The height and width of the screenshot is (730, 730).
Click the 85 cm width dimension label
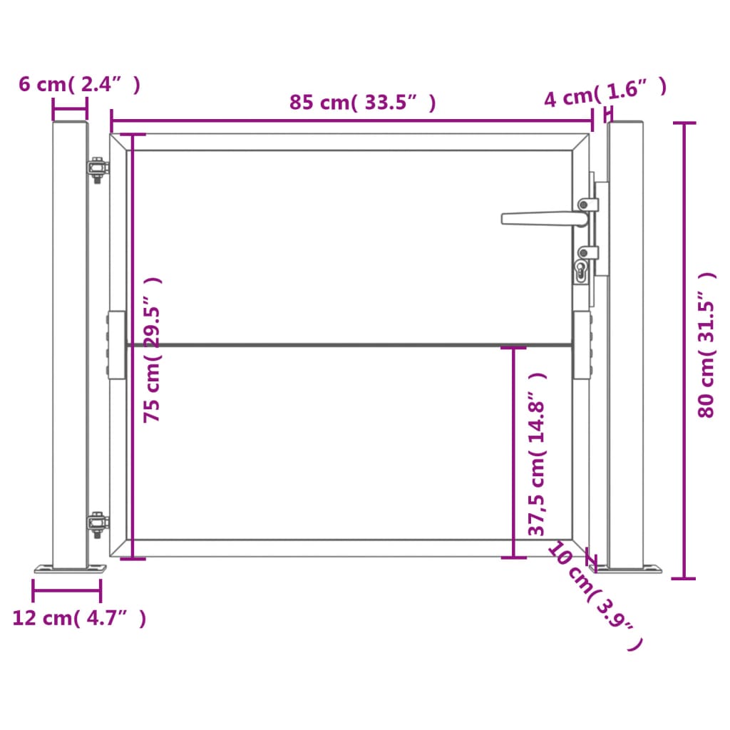[362, 103]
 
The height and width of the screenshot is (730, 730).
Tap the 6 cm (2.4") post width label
[78, 84]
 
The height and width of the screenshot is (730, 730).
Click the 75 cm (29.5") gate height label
[153, 349]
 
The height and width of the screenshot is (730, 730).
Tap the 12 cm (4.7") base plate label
[79, 618]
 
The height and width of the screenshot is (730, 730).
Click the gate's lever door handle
[542, 218]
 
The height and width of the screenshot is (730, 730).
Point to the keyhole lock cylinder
[581, 271]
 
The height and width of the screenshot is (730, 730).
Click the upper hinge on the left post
[96, 168]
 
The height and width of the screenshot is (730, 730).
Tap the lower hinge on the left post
[96, 524]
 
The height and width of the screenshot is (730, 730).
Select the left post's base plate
[70, 569]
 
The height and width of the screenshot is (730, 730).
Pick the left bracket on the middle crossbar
[115, 346]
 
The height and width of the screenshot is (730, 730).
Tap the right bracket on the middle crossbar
[582, 346]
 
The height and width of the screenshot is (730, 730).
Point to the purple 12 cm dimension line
[66, 590]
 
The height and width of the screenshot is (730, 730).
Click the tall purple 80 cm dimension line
[685, 349]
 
